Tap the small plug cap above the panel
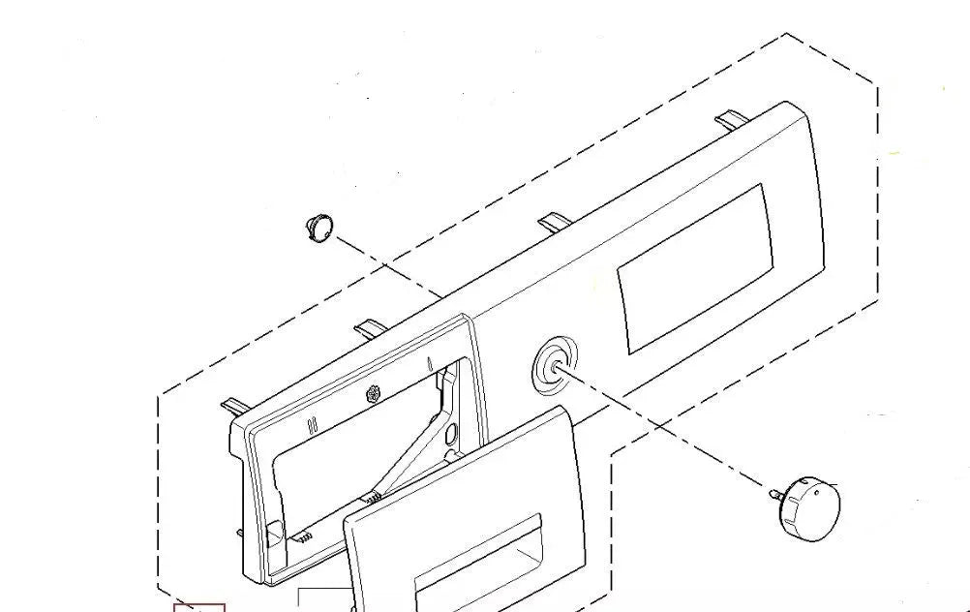(321, 229)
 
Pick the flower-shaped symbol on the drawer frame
(374, 394)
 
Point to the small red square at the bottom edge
(199, 607)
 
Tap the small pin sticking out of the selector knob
(775, 495)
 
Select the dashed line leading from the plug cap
(387, 266)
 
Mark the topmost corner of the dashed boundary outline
(784, 35)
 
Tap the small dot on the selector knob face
(823, 492)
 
